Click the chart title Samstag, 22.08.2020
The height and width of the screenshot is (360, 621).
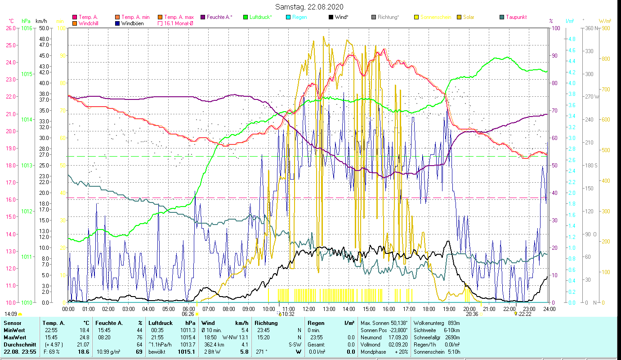point(310,7)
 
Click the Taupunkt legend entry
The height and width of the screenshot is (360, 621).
point(516,17)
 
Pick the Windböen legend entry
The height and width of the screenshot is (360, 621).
point(132,23)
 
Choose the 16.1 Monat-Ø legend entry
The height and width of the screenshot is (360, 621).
point(179,23)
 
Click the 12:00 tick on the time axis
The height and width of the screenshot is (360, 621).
point(309,309)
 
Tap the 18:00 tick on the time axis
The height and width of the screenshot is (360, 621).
point(429,309)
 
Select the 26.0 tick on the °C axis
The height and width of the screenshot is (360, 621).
point(10,28)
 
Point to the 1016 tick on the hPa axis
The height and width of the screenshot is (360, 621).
point(26,28)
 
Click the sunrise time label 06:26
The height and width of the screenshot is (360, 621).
point(188,314)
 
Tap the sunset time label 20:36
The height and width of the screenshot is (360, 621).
point(472,314)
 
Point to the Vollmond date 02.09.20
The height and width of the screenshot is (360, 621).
point(398,344)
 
